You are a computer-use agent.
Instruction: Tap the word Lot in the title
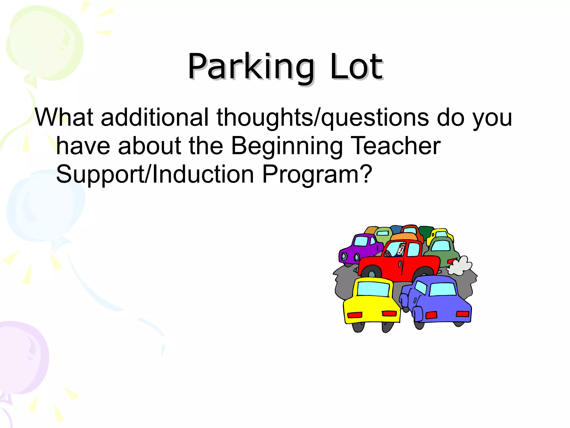point(356,67)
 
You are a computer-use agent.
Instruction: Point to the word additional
point(155,117)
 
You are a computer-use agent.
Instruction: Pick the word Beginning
point(287,146)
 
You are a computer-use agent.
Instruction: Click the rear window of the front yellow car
point(373,289)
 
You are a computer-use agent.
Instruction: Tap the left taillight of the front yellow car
point(355,315)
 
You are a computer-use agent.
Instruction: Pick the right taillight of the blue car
point(463,314)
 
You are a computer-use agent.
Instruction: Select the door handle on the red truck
point(400,264)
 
